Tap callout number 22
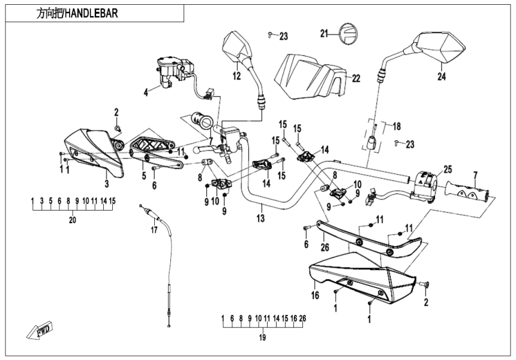[356, 79]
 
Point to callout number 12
[236, 76]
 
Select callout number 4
[145, 92]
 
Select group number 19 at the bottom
[262, 337]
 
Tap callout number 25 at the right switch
[447, 169]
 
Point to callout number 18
[395, 127]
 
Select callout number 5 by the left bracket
[143, 176]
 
